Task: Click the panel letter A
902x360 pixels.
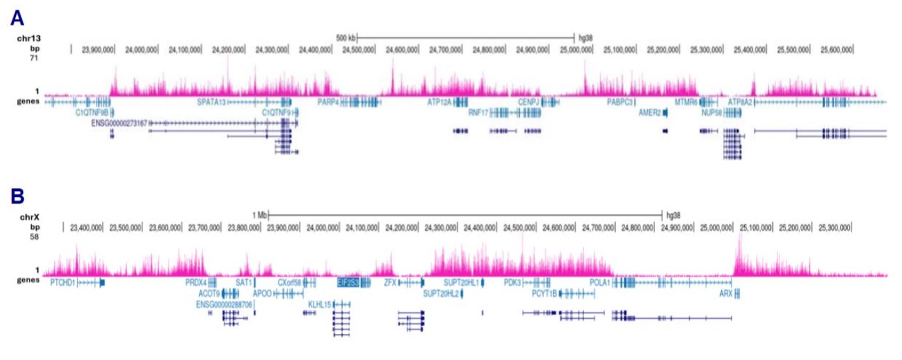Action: [17, 18]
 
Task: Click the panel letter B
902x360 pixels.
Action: [17, 196]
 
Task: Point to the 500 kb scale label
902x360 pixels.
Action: [345, 37]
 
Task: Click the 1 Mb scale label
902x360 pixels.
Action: [259, 215]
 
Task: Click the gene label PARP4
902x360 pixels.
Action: [329, 102]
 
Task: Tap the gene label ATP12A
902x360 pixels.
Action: [439, 102]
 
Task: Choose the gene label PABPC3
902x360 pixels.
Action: [619, 102]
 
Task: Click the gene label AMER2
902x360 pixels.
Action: [649, 113]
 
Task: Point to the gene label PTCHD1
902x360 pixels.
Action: [63, 283]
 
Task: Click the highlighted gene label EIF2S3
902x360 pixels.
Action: [348, 283]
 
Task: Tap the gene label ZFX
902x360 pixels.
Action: [390, 283]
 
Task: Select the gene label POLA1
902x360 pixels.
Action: [600, 283]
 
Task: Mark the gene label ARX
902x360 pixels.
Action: [726, 293]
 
